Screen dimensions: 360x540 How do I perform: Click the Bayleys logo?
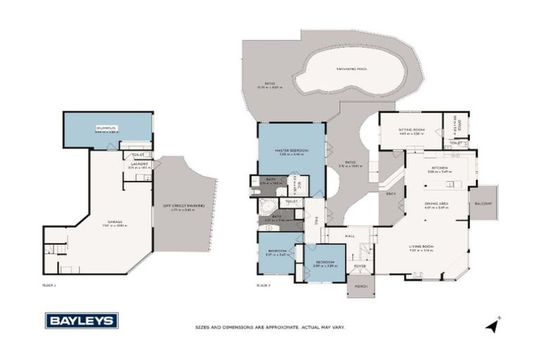point(82,321)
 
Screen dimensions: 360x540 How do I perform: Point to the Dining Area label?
point(436,204)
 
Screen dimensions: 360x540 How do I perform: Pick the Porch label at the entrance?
point(361,285)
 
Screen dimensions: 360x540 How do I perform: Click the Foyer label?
point(359,266)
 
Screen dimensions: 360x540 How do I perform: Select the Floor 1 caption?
point(49,285)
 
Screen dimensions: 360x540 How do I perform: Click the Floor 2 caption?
point(263,285)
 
